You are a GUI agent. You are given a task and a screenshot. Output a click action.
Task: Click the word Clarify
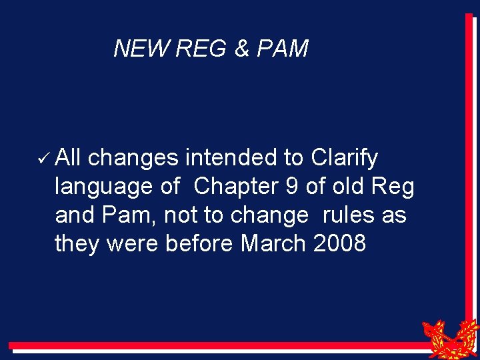(x=344, y=159)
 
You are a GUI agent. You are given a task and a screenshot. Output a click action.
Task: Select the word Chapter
(x=235, y=187)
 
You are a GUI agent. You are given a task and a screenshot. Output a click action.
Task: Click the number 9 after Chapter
(x=291, y=187)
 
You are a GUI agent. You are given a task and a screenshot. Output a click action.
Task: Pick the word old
(x=348, y=187)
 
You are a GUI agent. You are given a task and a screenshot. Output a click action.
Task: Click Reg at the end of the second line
(x=395, y=187)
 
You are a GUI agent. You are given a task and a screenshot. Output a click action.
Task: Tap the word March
(x=273, y=243)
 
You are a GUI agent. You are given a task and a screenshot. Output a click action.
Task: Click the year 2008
(x=339, y=243)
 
